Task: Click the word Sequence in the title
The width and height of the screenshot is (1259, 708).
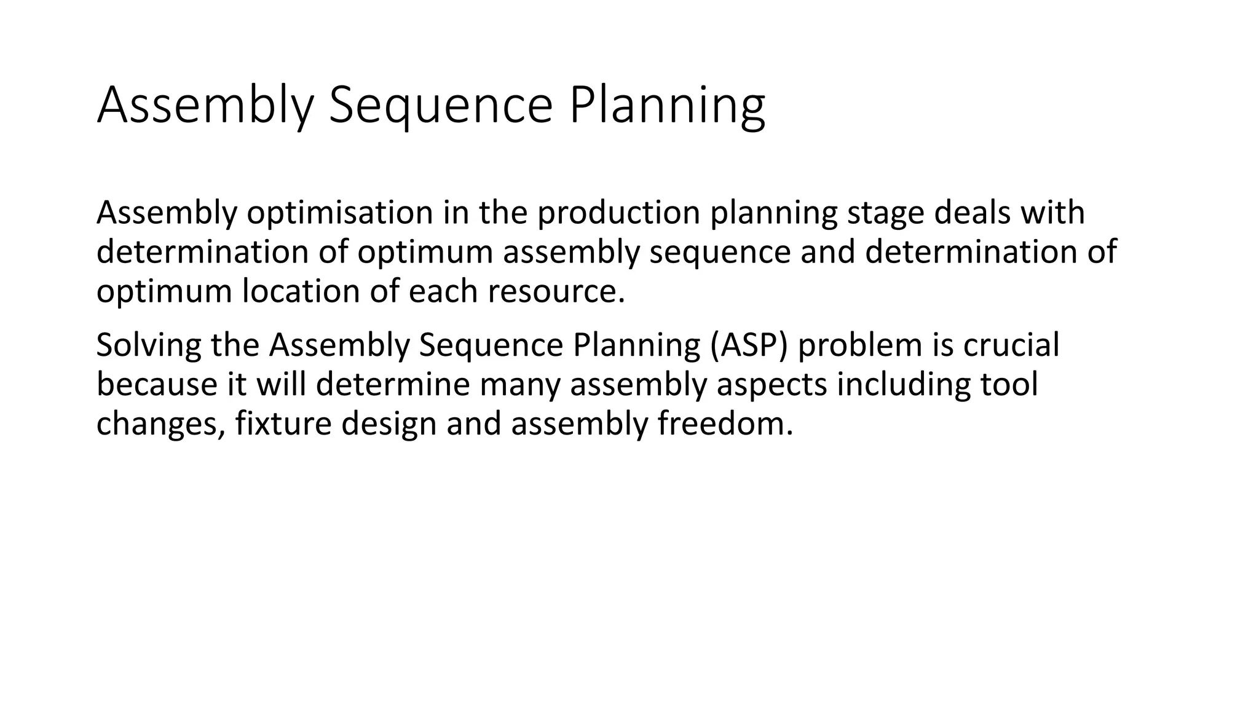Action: (x=440, y=106)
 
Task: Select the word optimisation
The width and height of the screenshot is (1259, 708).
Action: (x=340, y=213)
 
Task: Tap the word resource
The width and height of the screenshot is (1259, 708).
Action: (x=556, y=291)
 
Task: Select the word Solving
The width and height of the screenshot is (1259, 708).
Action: (x=148, y=345)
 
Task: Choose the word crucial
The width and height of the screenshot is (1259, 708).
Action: (x=1011, y=345)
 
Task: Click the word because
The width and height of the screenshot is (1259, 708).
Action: (x=156, y=384)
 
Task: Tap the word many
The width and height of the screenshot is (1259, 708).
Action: (x=520, y=384)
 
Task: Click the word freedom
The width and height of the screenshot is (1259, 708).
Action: (x=725, y=423)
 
